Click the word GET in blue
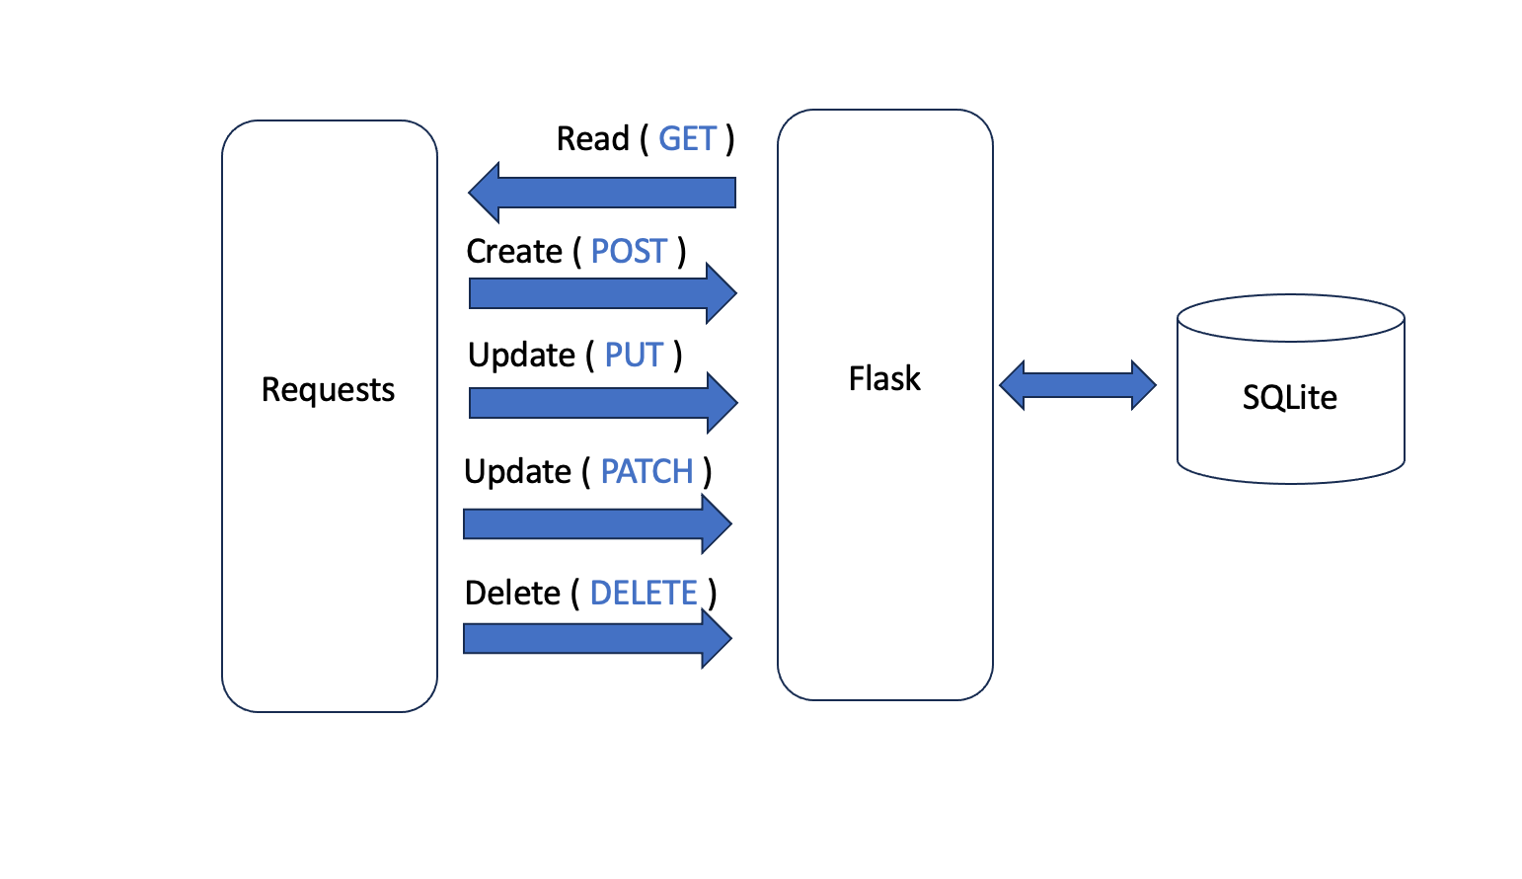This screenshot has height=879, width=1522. coord(687,139)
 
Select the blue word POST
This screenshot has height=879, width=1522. coord(629,252)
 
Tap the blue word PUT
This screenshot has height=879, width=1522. coord(634,356)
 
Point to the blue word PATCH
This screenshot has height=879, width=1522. coord(647,472)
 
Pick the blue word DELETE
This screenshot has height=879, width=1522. coord(644,594)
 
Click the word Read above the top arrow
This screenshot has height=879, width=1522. coord(592,139)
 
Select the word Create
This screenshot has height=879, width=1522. coord(514,252)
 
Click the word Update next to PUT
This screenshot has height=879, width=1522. coord(521,356)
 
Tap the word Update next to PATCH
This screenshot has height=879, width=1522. coord(517,472)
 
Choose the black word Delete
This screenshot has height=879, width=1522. coord(512,594)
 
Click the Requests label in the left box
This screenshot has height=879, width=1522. coord(328,390)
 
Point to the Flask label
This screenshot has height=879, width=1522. coord(884,379)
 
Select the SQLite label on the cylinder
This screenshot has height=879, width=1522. coord(1289,398)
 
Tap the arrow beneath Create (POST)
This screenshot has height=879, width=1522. coord(602,293)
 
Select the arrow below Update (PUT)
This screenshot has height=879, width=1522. coord(602,403)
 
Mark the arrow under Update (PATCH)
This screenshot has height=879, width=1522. coord(597,523)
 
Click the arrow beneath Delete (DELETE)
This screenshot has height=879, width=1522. coord(597,638)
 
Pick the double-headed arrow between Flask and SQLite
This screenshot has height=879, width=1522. coord(1077,385)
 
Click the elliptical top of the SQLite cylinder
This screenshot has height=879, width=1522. coord(1290,318)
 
